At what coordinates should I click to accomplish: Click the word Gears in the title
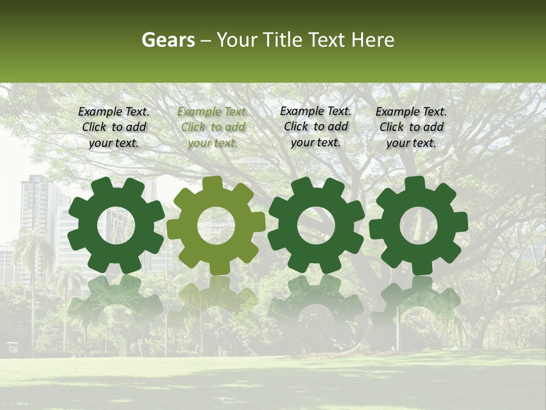pos(168,40)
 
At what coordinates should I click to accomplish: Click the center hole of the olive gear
pos(216,225)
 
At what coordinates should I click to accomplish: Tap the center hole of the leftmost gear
pos(116,225)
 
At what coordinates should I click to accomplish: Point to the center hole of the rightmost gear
pos(419,225)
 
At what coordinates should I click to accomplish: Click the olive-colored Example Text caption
pos(213,128)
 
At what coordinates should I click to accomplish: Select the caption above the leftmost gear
pos(114,127)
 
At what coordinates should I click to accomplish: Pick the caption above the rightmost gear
pos(411,127)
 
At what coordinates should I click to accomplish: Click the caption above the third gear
pos(316,126)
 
